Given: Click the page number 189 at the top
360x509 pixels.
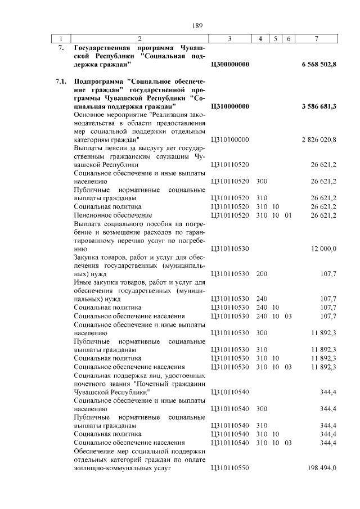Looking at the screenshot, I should (197, 25).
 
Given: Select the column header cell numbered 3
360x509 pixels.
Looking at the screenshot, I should (230, 38).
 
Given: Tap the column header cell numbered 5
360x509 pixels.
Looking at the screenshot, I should (276, 38).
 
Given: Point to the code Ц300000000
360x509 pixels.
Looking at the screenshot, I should (230, 65).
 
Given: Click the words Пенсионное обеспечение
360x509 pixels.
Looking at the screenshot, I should (112, 215).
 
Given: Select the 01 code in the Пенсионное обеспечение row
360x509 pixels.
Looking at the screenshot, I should (288, 215).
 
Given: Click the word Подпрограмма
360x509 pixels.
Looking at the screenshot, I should (100, 82).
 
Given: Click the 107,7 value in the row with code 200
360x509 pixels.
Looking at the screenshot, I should (327, 273).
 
